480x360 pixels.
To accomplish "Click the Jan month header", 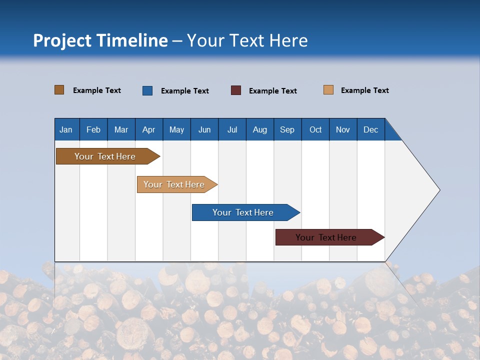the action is tap(66, 129).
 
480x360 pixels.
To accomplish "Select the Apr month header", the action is tap(148, 129).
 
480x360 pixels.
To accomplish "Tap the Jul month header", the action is tap(232, 129).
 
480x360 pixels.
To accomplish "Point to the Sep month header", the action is tap(287, 129).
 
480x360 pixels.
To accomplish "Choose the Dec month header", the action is tap(370, 129).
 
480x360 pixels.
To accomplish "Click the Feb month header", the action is tap(93, 129).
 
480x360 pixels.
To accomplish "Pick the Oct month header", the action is tap(315, 129).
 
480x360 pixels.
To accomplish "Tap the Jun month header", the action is tap(204, 129).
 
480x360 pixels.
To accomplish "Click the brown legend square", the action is tap(59, 90).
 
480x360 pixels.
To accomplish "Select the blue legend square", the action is tap(147, 90).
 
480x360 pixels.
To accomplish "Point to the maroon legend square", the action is tap(236, 90).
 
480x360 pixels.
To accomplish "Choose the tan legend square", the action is tap(328, 90).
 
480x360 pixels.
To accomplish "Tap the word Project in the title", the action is tap(61, 40).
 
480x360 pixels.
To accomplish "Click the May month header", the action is tap(176, 129).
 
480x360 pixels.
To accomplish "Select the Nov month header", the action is tap(342, 129).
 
